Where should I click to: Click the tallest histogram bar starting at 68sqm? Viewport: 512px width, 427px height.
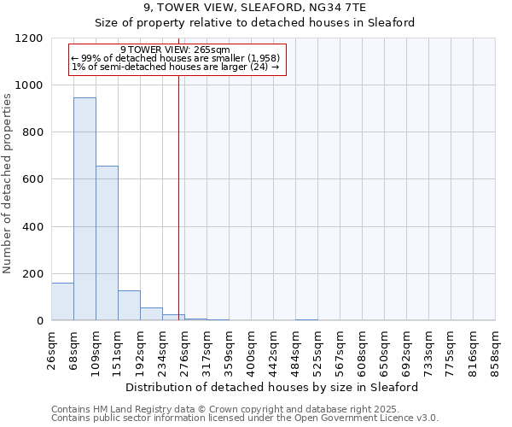pyautogui.click(x=84, y=209)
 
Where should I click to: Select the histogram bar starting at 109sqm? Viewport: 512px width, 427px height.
pyautogui.click(x=107, y=243)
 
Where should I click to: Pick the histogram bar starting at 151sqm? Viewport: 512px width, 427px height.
pyautogui.click(x=129, y=306)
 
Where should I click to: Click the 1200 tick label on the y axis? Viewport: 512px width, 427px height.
pyautogui.click(x=29, y=38)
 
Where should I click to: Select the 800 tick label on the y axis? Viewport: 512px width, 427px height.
pyautogui.click(x=32, y=132)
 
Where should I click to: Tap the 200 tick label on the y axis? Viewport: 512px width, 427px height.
pyautogui.click(x=32, y=274)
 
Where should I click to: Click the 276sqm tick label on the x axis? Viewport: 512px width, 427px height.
pyautogui.click(x=185, y=348)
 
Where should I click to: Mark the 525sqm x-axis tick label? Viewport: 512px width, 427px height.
pyautogui.click(x=318, y=348)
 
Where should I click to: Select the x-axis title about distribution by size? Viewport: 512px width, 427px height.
pyautogui.click(x=272, y=387)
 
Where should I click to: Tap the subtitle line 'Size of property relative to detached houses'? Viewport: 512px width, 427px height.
pyautogui.click(x=254, y=23)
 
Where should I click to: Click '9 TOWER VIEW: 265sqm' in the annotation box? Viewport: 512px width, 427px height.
pyautogui.click(x=175, y=50)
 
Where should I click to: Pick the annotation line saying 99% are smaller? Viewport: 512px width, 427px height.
pyautogui.click(x=175, y=58)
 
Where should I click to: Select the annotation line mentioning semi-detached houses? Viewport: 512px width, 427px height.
pyautogui.click(x=175, y=67)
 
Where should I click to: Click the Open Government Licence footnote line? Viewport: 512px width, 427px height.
pyautogui.click(x=245, y=418)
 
